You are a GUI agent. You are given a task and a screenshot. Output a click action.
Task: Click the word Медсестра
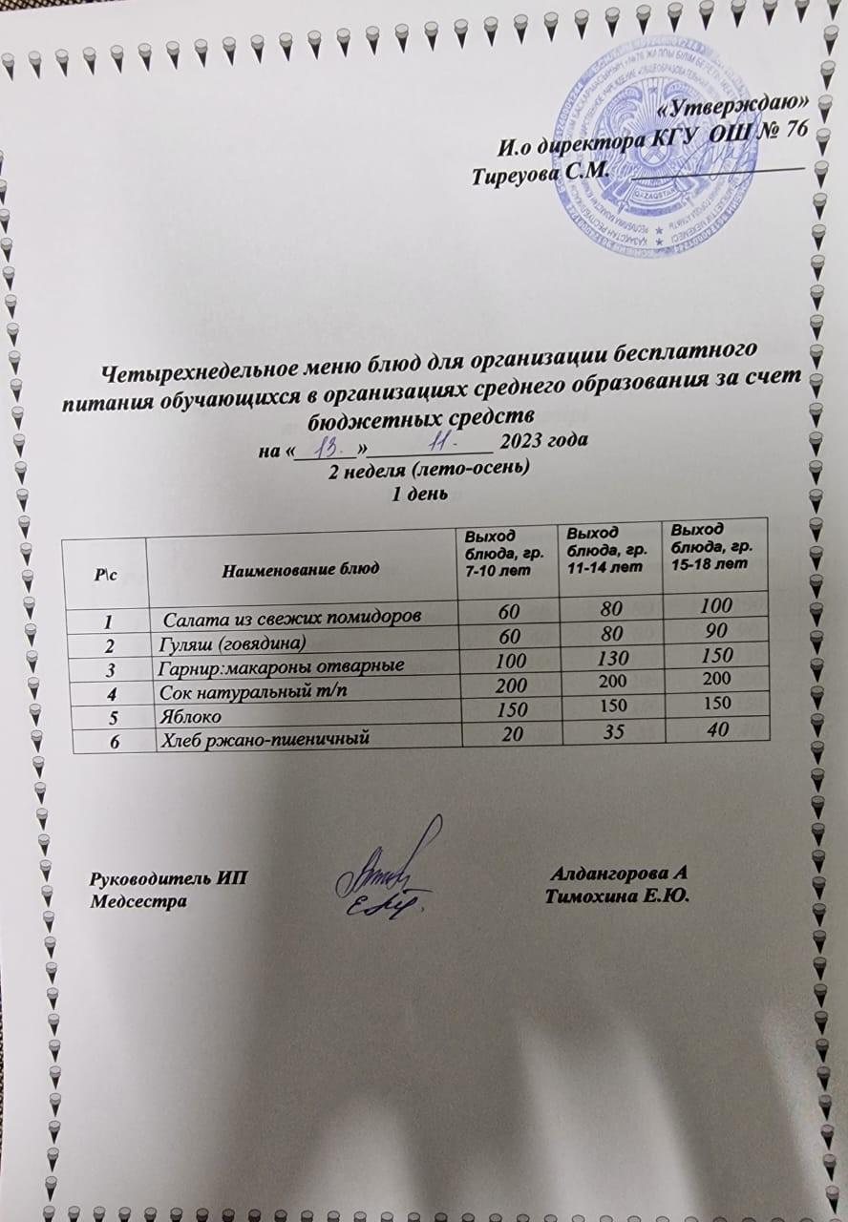coord(132,899)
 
